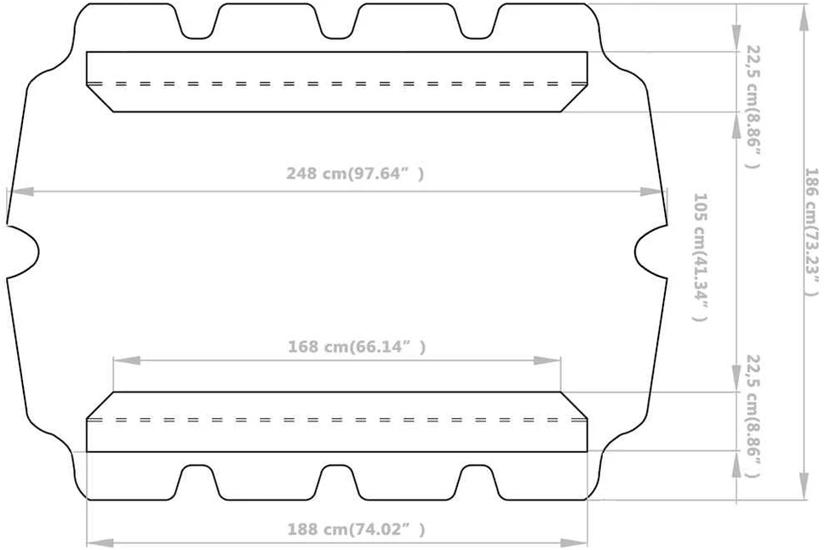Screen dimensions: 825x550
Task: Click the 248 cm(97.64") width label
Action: tap(355, 173)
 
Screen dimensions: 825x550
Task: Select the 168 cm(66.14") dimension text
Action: tap(357, 347)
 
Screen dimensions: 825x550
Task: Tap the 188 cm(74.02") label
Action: tap(356, 529)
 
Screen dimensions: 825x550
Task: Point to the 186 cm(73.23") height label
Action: tap(811, 232)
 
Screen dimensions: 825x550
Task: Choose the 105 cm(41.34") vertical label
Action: tap(700, 257)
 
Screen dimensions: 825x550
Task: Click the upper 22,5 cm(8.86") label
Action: tap(753, 106)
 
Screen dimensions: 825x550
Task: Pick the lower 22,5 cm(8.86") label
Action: tap(753, 416)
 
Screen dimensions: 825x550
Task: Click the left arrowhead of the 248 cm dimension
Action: tap(20, 192)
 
